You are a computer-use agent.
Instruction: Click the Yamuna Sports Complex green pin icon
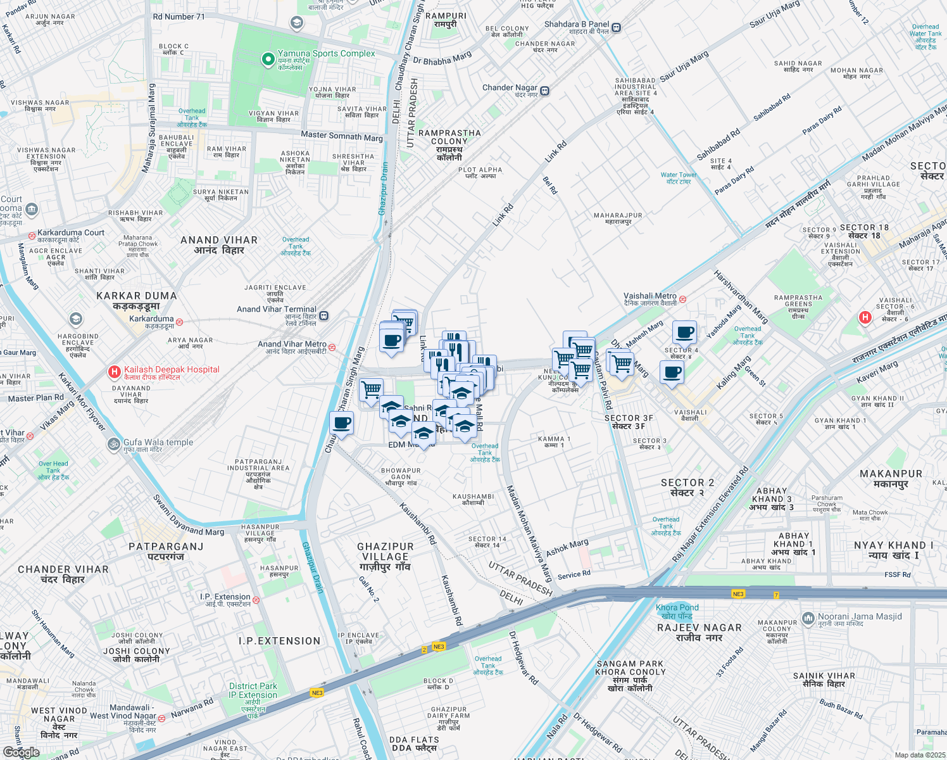(x=268, y=60)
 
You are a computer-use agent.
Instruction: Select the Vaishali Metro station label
(x=649, y=296)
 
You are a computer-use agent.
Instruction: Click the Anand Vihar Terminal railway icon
(x=324, y=315)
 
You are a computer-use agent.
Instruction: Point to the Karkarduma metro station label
(x=151, y=319)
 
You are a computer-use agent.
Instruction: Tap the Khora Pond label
(x=677, y=608)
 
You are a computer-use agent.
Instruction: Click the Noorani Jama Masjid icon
(x=808, y=618)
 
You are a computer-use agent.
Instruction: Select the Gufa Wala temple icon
(x=113, y=443)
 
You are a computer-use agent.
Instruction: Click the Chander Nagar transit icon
(x=544, y=91)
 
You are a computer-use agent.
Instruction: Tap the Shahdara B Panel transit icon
(x=616, y=27)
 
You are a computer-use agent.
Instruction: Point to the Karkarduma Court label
(x=70, y=233)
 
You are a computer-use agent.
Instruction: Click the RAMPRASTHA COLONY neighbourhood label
(x=449, y=137)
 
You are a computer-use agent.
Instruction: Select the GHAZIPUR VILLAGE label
(x=385, y=552)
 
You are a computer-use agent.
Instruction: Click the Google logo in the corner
(x=21, y=752)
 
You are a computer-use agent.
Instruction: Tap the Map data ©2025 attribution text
(x=920, y=755)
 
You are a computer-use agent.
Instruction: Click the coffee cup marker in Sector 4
(x=684, y=332)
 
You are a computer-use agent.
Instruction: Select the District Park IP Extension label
(x=253, y=690)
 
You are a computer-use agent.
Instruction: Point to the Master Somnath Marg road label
(x=342, y=136)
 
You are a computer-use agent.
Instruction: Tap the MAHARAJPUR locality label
(x=618, y=216)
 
